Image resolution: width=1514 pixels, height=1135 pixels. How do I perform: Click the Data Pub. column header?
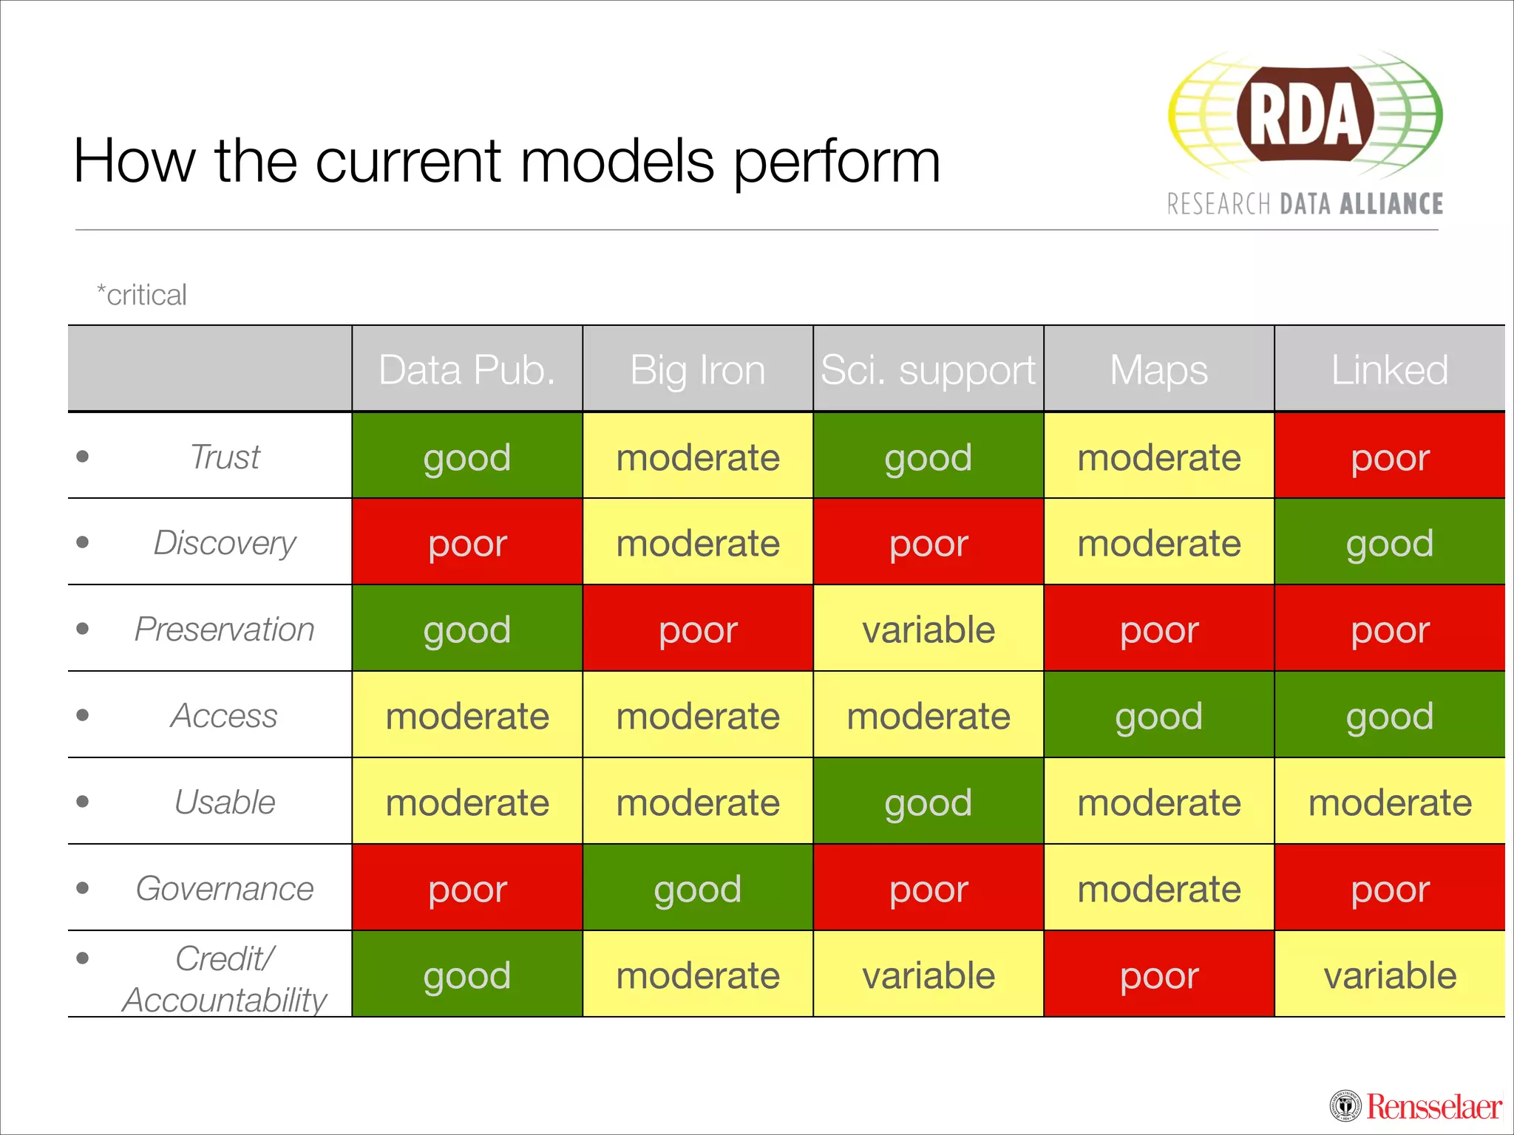(x=466, y=369)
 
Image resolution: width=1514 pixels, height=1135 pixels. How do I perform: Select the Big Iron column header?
(x=697, y=369)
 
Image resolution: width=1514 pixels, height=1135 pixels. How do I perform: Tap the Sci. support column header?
(x=928, y=369)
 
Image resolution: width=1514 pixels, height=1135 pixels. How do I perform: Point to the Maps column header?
(x=1158, y=369)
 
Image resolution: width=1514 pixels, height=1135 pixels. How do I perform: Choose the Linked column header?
(x=1389, y=369)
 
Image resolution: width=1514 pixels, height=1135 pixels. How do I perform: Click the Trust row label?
(x=225, y=457)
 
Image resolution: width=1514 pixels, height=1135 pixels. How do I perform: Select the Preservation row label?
(x=225, y=630)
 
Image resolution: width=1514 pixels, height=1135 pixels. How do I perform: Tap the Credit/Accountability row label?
(x=225, y=978)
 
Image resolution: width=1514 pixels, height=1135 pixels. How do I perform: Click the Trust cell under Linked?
(x=1389, y=457)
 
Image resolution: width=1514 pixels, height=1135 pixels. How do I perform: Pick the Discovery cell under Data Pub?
(x=466, y=543)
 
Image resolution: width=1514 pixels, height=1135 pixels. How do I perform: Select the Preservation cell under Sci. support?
(x=928, y=630)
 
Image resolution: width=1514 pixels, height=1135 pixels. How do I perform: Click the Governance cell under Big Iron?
(x=697, y=888)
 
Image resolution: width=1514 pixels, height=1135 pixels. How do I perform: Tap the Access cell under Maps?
(x=1158, y=715)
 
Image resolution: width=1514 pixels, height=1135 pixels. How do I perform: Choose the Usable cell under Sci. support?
(x=928, y=802)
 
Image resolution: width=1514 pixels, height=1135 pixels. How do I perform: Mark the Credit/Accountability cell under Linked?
(x=1389, y=975)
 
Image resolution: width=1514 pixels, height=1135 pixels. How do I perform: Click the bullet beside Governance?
(x=83, y=887)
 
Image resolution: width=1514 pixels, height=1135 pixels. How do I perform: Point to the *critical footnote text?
(x=142, y=295)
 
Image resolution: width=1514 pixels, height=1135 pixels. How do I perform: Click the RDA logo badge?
(x=1305, y=115)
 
